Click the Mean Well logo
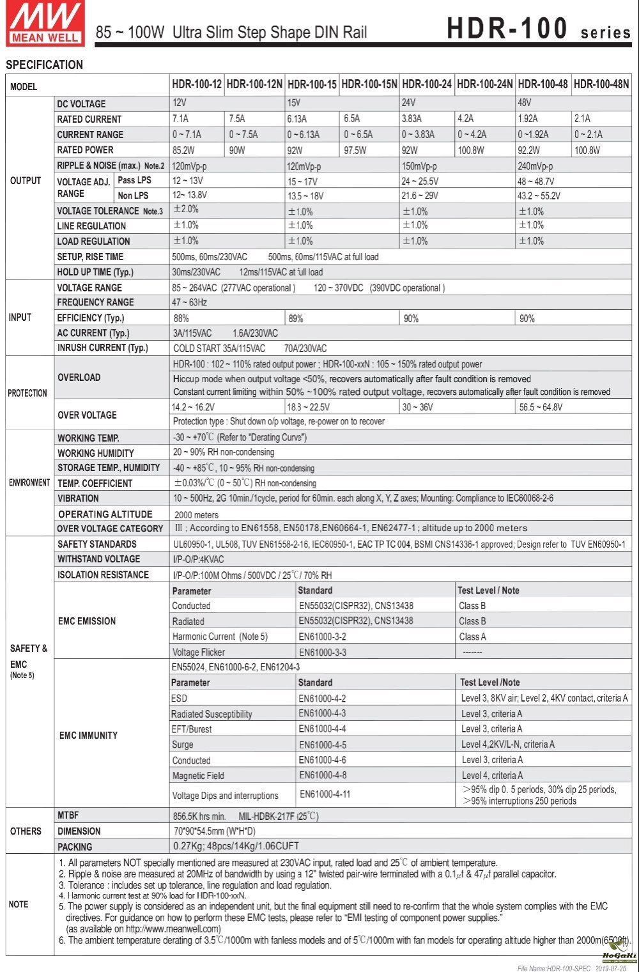pyautogui.click(x=45, y=24)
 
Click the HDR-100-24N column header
pyautogui.click(x=484, y=84)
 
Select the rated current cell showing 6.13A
pyautogui.click(x=297, y=119)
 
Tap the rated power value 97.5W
pyautogui.click(x=355, y=150)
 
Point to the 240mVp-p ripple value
pyautogui.click(x=535, y=166)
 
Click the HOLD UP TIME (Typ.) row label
pyautogui.click(x=95, y=272)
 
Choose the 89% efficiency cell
pyautogui.click(x=296, y=318)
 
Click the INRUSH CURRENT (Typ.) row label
pyautogui.click(x=102, y=348)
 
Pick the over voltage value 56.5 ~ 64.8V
pyautogui.click(x=541, y=407)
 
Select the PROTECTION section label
pyautogui.click(x=27, y=393)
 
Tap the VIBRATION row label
pyautogui.click(x=78, y=498)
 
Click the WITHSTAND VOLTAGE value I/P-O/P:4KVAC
pyautogui.click(x=199, y=559)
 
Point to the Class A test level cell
pyautogui.click(x=472, y=636)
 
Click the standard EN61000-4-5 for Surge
pyautogui.click(x=323, y=744)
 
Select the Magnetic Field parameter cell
pyautogui.click(x=198, y=776)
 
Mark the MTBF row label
pyautogui.click(x=68, y=815)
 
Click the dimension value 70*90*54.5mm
pyautogui.click(x=214, y=831)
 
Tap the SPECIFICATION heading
pyautogui.click(x=44, y=65)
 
